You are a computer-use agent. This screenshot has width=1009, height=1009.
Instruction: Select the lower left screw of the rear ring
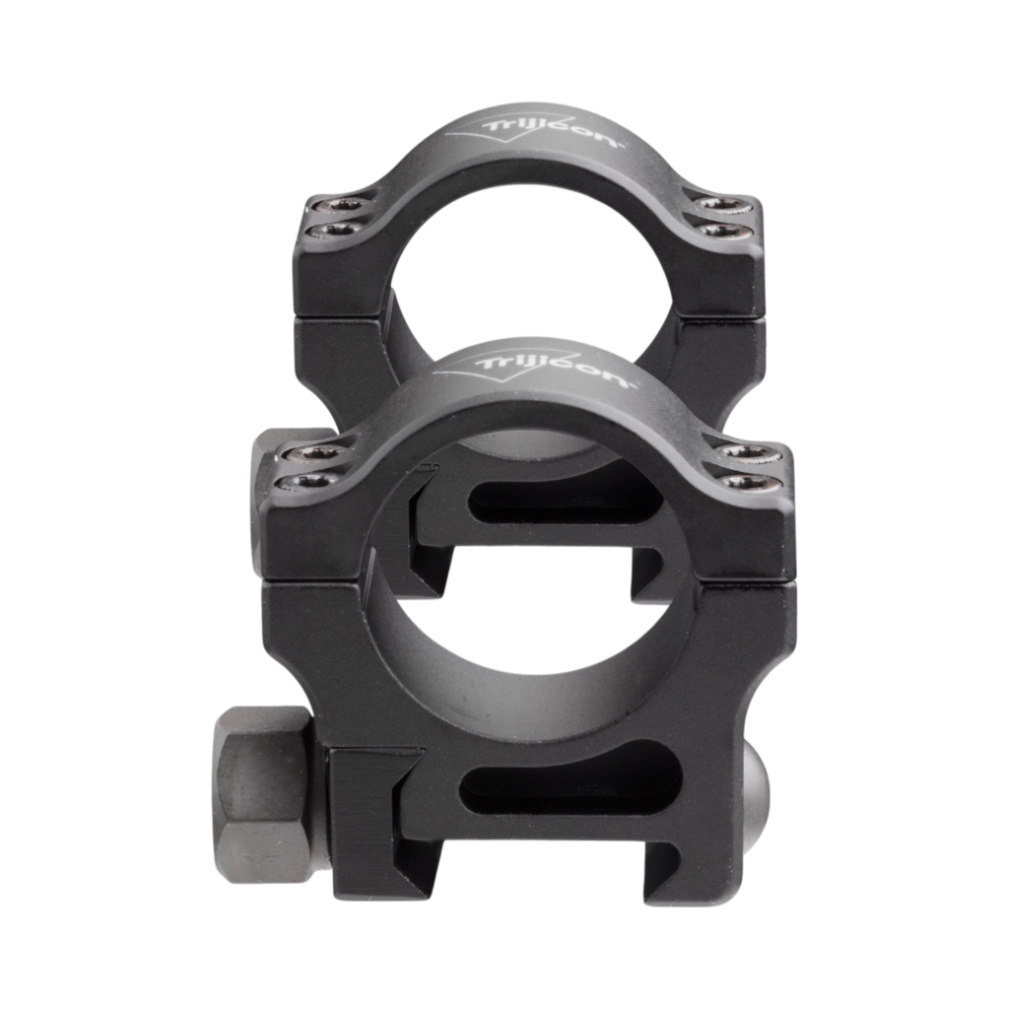click(336, 230)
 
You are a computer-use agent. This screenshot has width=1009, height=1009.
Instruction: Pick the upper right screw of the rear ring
click(721, 204)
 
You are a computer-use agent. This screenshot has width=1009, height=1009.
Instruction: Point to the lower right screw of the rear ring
click(723, 230)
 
